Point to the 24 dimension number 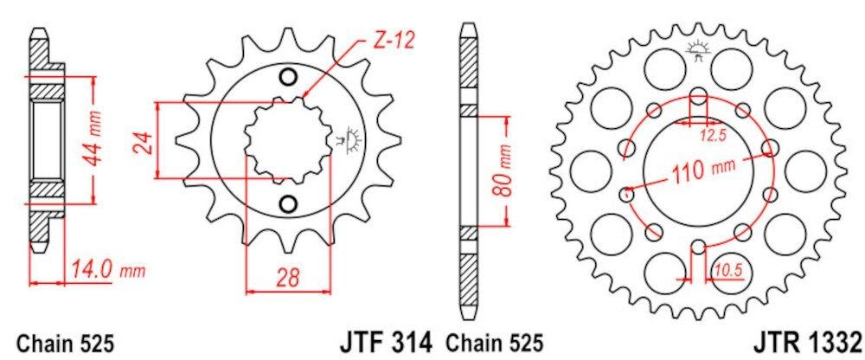[x=142, y=142]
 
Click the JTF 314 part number [x=385, y=343]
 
